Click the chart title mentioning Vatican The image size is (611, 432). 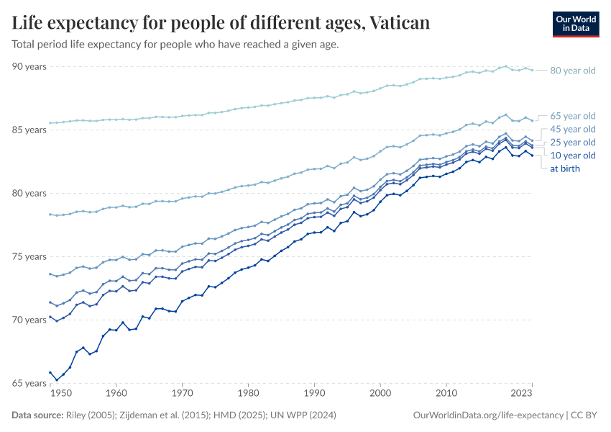[x=221, y=23]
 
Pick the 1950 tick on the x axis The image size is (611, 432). [x=61, y=394]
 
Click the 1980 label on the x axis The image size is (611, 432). [x=249, y=394]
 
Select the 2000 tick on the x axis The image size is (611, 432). [x=380, y=394]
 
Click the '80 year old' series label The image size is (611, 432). [x=573, y=71]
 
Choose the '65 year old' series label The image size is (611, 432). [x=573, y=116]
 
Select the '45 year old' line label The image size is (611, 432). [x=573, y=129]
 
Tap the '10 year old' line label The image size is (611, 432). [x=573, y=156]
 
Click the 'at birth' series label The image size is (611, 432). [x=565, y=168]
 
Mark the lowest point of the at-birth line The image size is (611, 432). [x=57, y=379]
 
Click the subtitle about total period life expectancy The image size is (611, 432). [x=175, y=44]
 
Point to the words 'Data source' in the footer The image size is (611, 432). [x=37, y=415]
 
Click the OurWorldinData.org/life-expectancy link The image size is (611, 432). [x=489, y=415]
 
